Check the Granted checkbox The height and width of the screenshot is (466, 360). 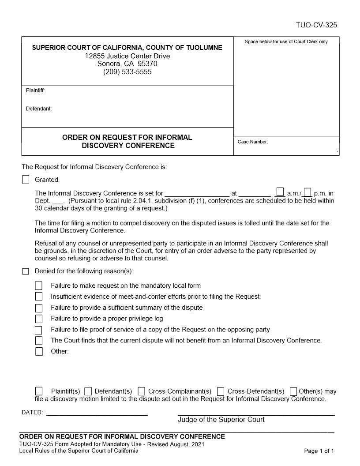[x=26, y=180]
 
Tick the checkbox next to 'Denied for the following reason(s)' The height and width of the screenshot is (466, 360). [x=26, y=271]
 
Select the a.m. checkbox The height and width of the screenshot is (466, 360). [x=280, y=192]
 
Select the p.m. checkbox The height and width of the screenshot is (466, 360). [x=308, y=192]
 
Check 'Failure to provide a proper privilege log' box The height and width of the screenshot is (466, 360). [x=39, y=319]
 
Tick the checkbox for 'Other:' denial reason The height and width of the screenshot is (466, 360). [x=39, y=352]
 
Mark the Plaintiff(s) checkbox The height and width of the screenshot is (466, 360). [x=39, y=391]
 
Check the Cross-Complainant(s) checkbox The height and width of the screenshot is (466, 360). [x=141, y=391]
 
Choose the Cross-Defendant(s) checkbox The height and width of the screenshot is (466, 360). [x=221, y=391]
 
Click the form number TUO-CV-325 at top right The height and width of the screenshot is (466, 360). [x=316, y=25]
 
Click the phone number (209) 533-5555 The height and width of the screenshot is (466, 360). [x=127, y=72]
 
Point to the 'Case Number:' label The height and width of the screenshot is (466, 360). [x=253, y=142]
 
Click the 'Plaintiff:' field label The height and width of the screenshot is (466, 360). [x=35, y=91]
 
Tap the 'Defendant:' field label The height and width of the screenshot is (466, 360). [x=39, y=109]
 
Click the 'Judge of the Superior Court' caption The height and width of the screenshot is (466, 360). [x=221, y=420]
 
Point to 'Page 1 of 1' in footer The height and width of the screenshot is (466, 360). [x=319, y=451]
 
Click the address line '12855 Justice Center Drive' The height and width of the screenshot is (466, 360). [x=127, y=56]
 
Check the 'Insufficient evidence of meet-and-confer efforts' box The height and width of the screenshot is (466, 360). [x=39, y=297]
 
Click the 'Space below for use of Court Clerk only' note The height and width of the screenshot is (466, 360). [x=286, y=41]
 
